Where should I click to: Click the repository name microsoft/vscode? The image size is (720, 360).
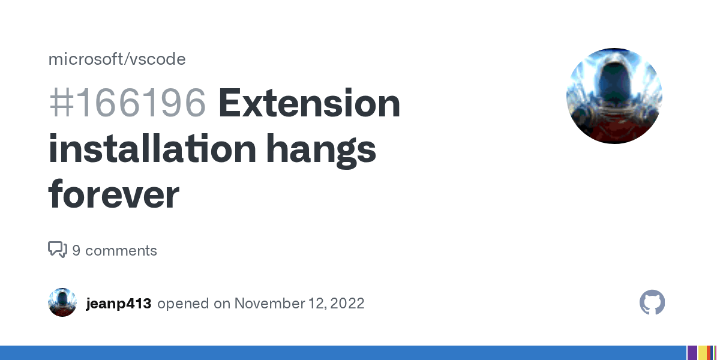[x=116, y=59]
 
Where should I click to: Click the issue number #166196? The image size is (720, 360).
[x=127, y=103]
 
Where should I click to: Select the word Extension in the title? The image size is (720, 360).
[x=309, y=103]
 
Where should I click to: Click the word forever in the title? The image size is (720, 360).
[x=113, y=194]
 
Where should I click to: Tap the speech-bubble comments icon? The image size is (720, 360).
[x=57, y=250]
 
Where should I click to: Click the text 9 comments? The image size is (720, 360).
[x=115, y=250]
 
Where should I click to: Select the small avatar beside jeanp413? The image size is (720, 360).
[x=62, y=302]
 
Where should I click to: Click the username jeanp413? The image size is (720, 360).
[x=118, y=303]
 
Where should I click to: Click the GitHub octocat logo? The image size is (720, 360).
[x=652, y=302]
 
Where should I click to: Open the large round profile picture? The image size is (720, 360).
[x=614, y=96]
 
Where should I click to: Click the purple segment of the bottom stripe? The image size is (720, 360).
[x=692, y=353]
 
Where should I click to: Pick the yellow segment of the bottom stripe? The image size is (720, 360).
[x=702, y=353]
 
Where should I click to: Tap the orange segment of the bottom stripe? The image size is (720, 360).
[x=709, y=353]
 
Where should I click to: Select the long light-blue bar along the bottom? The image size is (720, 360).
[x=342, y=353]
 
